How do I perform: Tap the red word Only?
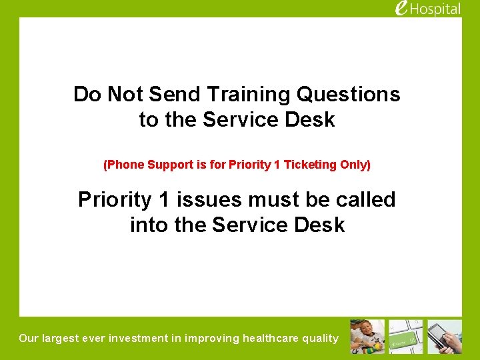pos(353,164)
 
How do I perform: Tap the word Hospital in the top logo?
pos(436,9)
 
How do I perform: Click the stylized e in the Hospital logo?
pos(401,8)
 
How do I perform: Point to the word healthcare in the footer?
pos(273,338)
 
